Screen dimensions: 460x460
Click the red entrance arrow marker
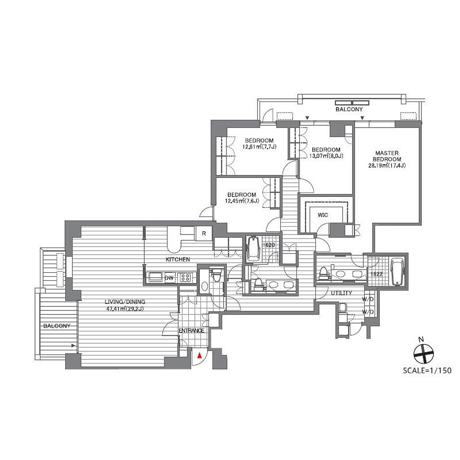[199, 355]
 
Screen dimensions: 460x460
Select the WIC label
[323, 215]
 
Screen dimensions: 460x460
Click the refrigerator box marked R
[204, 234]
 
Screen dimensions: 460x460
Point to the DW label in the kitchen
[169, 278]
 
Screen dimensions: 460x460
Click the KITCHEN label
[178, 259]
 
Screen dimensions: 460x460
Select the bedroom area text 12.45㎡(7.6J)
[242, 201]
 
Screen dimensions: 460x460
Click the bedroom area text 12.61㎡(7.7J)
[259, 147]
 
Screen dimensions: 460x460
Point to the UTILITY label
[341, 293]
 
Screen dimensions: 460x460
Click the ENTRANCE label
[191, 331]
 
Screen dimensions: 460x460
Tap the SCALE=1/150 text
[427, 370]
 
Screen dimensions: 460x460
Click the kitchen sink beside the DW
[156, 277]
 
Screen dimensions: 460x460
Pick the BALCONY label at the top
[349, 110]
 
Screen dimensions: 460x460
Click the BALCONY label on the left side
[57, 326]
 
